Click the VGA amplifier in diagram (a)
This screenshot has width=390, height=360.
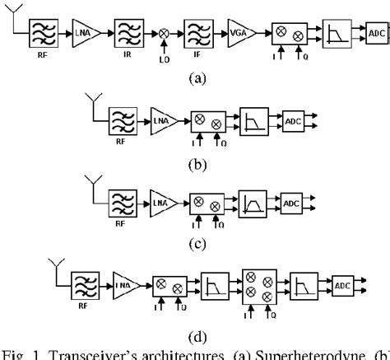239,33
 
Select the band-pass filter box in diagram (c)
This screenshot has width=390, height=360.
253,200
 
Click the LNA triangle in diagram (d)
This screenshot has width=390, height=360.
124,284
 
